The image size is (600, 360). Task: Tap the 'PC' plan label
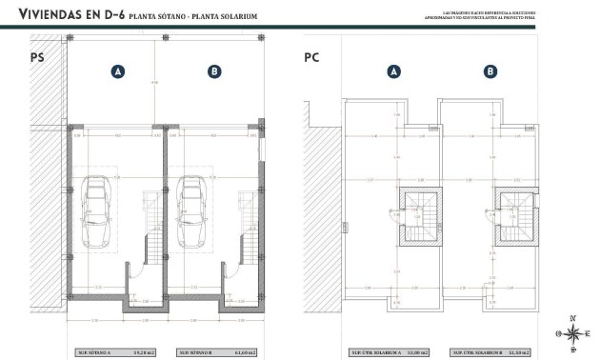[310, 58]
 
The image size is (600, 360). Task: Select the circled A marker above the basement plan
[117, 71]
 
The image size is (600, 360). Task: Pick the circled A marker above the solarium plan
[392, 71]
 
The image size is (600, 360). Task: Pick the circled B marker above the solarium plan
[490, 71]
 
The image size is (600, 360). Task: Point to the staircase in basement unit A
[150, 220]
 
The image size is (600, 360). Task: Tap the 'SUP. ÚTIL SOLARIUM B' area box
[491, 351]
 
